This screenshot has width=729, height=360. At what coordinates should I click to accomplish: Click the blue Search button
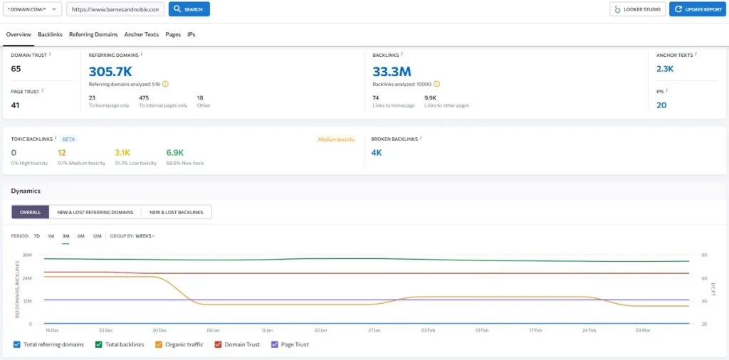(x=189, y=9)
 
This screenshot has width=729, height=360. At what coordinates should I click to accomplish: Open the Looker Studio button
(x=637, y=9)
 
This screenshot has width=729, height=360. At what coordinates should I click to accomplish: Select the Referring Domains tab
(x=93, y=34)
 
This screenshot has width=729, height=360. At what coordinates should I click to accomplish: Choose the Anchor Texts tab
(x=141, y=34)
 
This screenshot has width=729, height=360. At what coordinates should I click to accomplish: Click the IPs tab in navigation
(x=191, y=34)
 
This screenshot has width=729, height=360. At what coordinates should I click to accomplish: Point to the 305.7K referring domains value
(x=110, y=70)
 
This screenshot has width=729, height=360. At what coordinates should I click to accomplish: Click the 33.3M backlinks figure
(x=392, y=70)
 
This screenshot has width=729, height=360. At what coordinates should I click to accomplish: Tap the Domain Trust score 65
(x=16, y=68)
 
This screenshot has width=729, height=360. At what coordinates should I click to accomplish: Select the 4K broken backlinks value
(x=377, y=152)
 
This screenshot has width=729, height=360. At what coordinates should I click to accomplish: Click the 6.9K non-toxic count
(x=175, y=152)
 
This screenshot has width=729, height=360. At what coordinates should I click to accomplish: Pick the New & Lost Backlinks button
(x=176, y=212)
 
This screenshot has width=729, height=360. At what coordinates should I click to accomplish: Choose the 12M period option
(x=97, y=235)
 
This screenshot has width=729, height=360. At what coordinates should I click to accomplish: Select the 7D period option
(x=36, y=235)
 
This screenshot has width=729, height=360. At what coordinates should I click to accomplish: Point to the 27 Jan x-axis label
(x=374, y=331)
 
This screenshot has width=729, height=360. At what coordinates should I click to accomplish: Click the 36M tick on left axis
(x=27, y=255)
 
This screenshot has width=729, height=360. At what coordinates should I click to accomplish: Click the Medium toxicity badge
(x=336, y=139)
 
